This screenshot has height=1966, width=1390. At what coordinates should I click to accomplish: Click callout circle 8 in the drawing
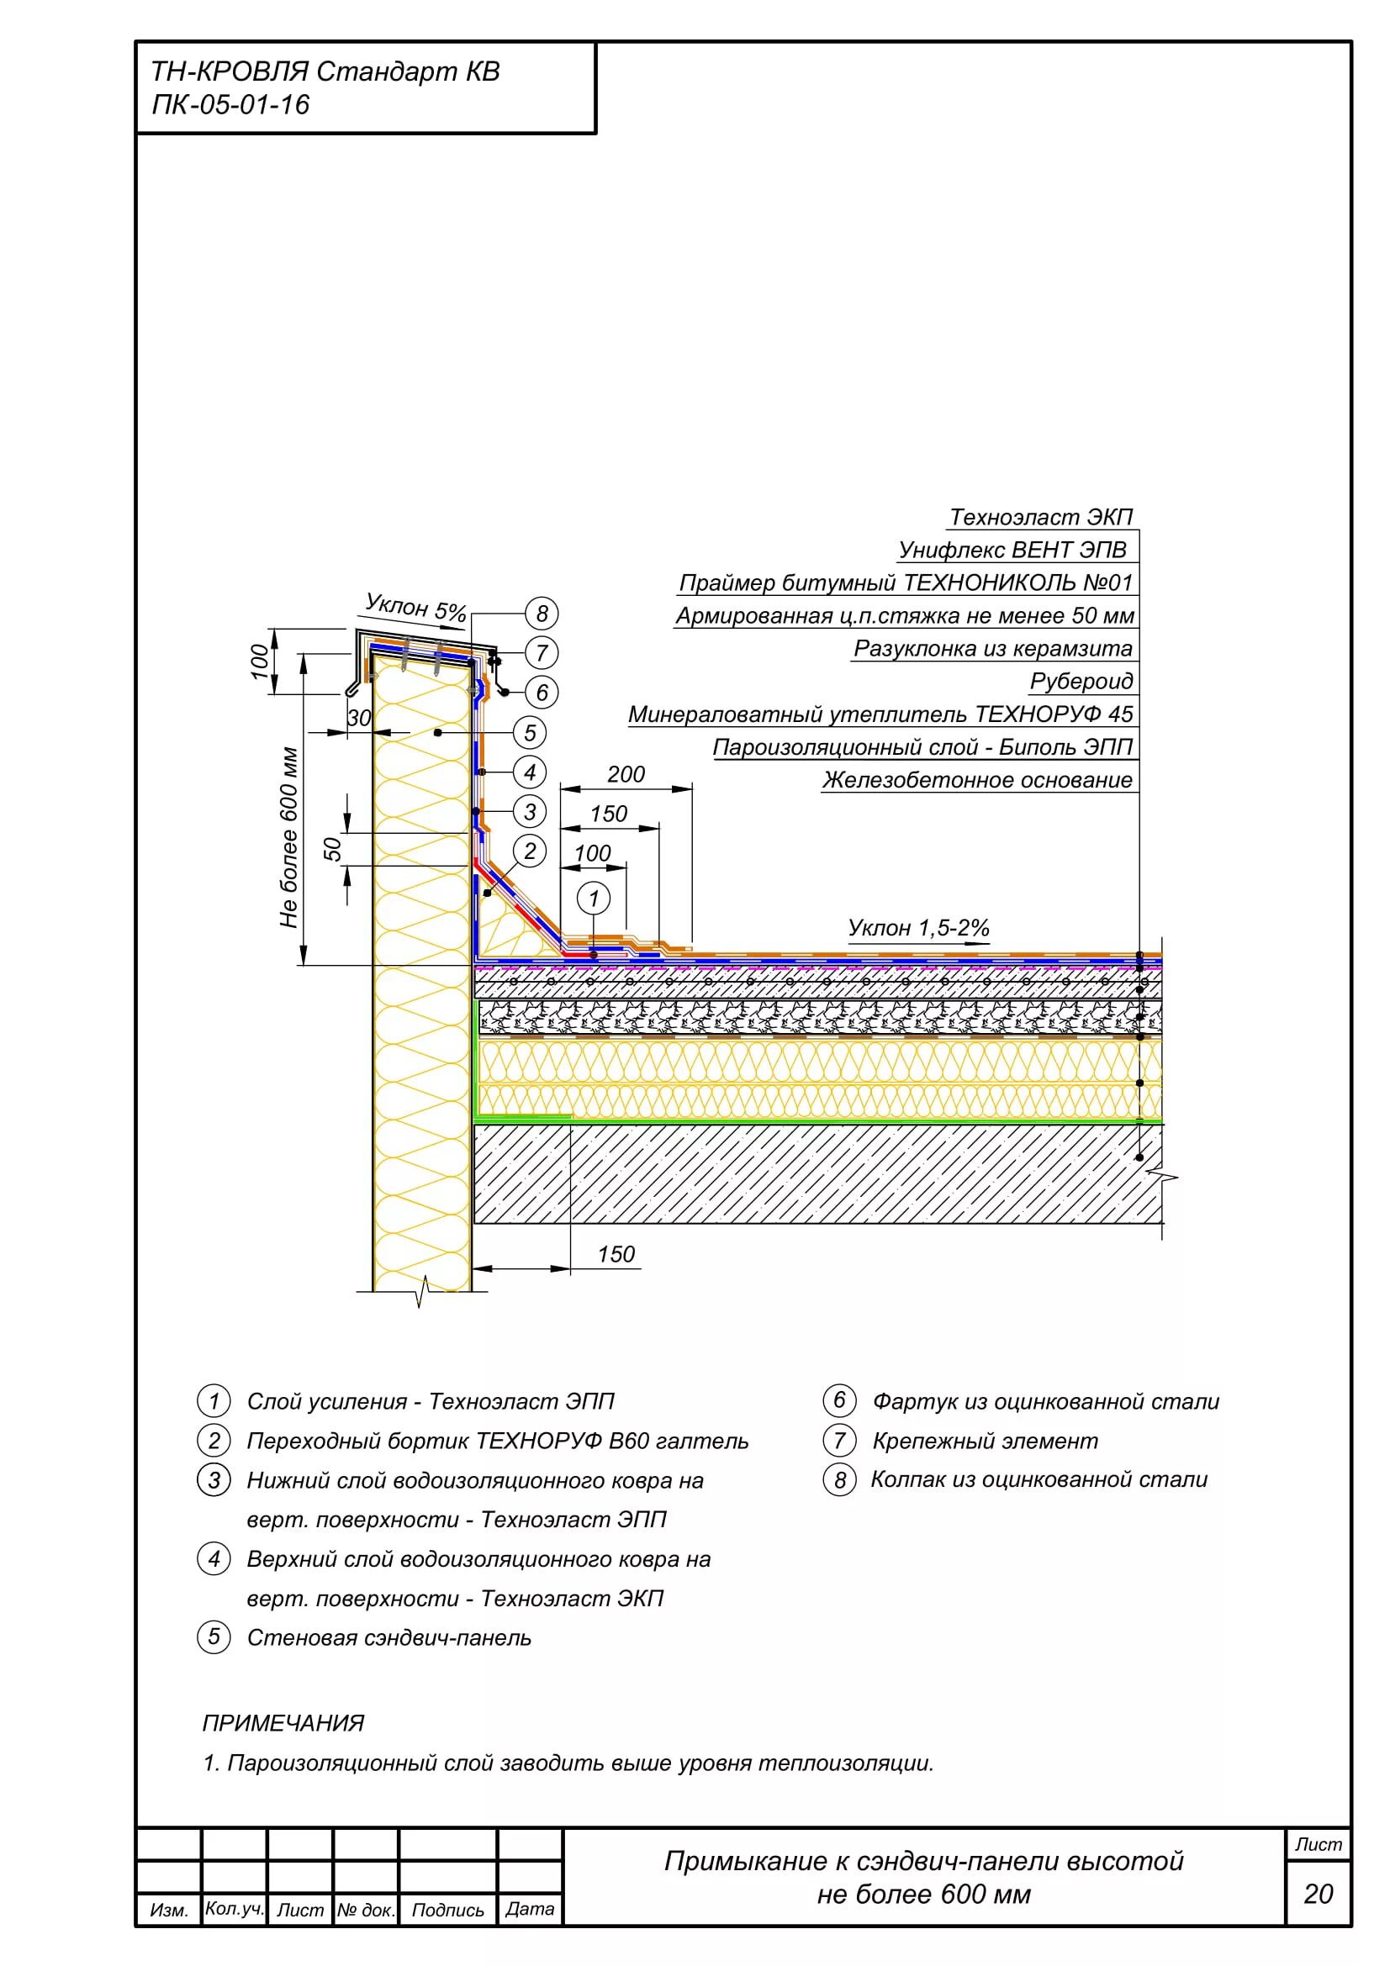click(542, 613)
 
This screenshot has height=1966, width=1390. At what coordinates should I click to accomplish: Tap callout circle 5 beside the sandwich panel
click(529, 732)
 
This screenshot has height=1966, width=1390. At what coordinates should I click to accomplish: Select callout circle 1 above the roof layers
click(594, 899)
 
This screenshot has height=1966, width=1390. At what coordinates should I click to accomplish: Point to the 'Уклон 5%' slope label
click(415, 607)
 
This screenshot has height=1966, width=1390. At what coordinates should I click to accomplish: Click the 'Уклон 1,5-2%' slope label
click(918, 927)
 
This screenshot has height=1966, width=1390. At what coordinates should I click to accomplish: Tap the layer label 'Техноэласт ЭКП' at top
click(1040, 517)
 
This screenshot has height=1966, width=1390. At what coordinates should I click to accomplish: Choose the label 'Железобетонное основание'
click(977, 780)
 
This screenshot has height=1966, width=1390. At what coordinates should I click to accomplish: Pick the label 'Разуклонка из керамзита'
click(992, 648)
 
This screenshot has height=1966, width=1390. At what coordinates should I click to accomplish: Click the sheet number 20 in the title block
click(1318, 1893)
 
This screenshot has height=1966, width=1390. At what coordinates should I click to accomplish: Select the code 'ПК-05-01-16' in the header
click(230, 104)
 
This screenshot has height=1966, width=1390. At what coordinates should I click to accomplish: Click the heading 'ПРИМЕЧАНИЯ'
click(283, 1723)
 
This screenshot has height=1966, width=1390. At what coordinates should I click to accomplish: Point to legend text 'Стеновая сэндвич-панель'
click(388, 1637)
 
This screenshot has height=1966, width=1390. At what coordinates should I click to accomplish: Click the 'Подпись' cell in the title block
click(448, 1910)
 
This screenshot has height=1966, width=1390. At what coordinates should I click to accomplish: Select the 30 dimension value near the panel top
click(360, 718)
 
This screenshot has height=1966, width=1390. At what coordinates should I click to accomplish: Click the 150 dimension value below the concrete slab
click(616, 1254)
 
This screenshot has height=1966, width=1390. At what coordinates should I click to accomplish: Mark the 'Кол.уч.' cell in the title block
click(234, 1909)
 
